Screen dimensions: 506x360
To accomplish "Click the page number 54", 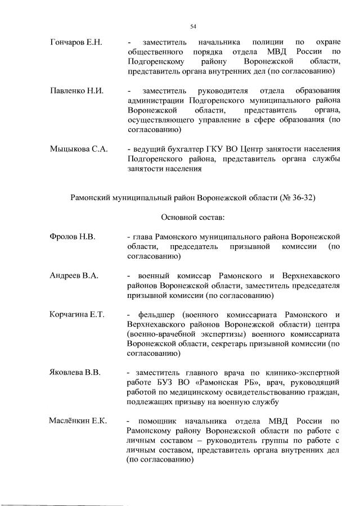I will coord(193,26).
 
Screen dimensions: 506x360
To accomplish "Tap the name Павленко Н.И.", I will coord(75,91).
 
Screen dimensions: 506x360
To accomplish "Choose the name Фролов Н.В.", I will coord(72,237).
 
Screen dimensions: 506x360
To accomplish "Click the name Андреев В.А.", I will coord(74,275).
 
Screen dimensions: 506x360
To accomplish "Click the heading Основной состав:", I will coord(193,216).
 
